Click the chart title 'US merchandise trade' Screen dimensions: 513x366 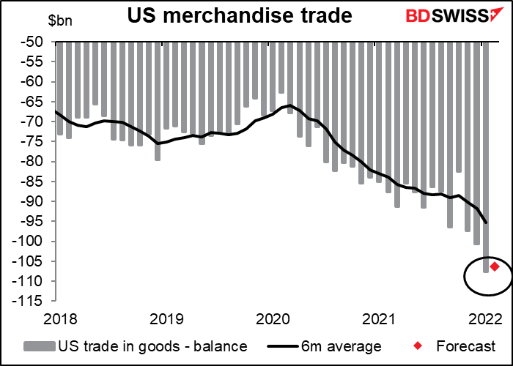(x=240, y=15)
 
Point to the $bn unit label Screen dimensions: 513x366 (x=61, y=21)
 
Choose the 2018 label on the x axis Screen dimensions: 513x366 (x=60, y=319)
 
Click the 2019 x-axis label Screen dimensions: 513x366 (x=166, y=319)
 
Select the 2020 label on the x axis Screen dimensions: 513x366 (x=273, y=319)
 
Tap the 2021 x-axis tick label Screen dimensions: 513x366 (x=379, y=319)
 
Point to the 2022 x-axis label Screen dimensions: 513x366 (x=485, y=319)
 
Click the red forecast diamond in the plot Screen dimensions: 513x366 (x=495, y=266)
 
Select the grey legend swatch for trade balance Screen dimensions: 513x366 (x=40, y=346)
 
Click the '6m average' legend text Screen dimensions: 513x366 (x=342, y=346)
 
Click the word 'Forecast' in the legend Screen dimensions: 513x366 (x=466, y=346)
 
